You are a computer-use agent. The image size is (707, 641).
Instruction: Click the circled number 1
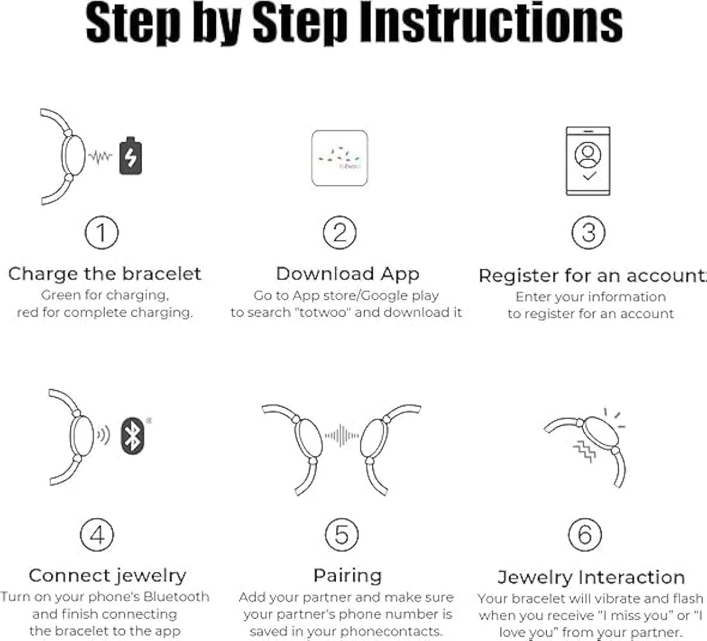[101, 232]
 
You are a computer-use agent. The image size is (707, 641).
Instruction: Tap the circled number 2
[340, 232]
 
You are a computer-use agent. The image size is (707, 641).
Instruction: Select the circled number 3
[588, 233]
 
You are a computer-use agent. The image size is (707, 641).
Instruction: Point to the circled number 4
[97, 535]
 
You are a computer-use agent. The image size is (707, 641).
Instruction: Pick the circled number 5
[342, 535]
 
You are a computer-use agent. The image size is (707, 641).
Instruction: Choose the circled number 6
[585, 535]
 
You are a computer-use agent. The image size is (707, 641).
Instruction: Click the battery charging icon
[130, 156]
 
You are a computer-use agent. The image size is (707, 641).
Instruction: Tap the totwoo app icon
[340, 158]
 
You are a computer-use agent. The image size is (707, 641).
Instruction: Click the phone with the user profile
[588, 161]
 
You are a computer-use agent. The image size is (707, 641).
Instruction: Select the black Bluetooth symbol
[133, 435]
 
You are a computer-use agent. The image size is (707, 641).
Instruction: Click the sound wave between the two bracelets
[342, 435]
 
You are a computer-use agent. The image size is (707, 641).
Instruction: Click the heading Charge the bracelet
[104, 274]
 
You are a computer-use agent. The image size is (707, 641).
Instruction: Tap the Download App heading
[347, 274]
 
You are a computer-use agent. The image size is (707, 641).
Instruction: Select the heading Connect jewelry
[107, 576]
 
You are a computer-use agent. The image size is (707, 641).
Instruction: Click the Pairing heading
[347, 576]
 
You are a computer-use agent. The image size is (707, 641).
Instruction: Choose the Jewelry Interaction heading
[591, 577]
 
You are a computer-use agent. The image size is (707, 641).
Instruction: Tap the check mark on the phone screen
[589, 176]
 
